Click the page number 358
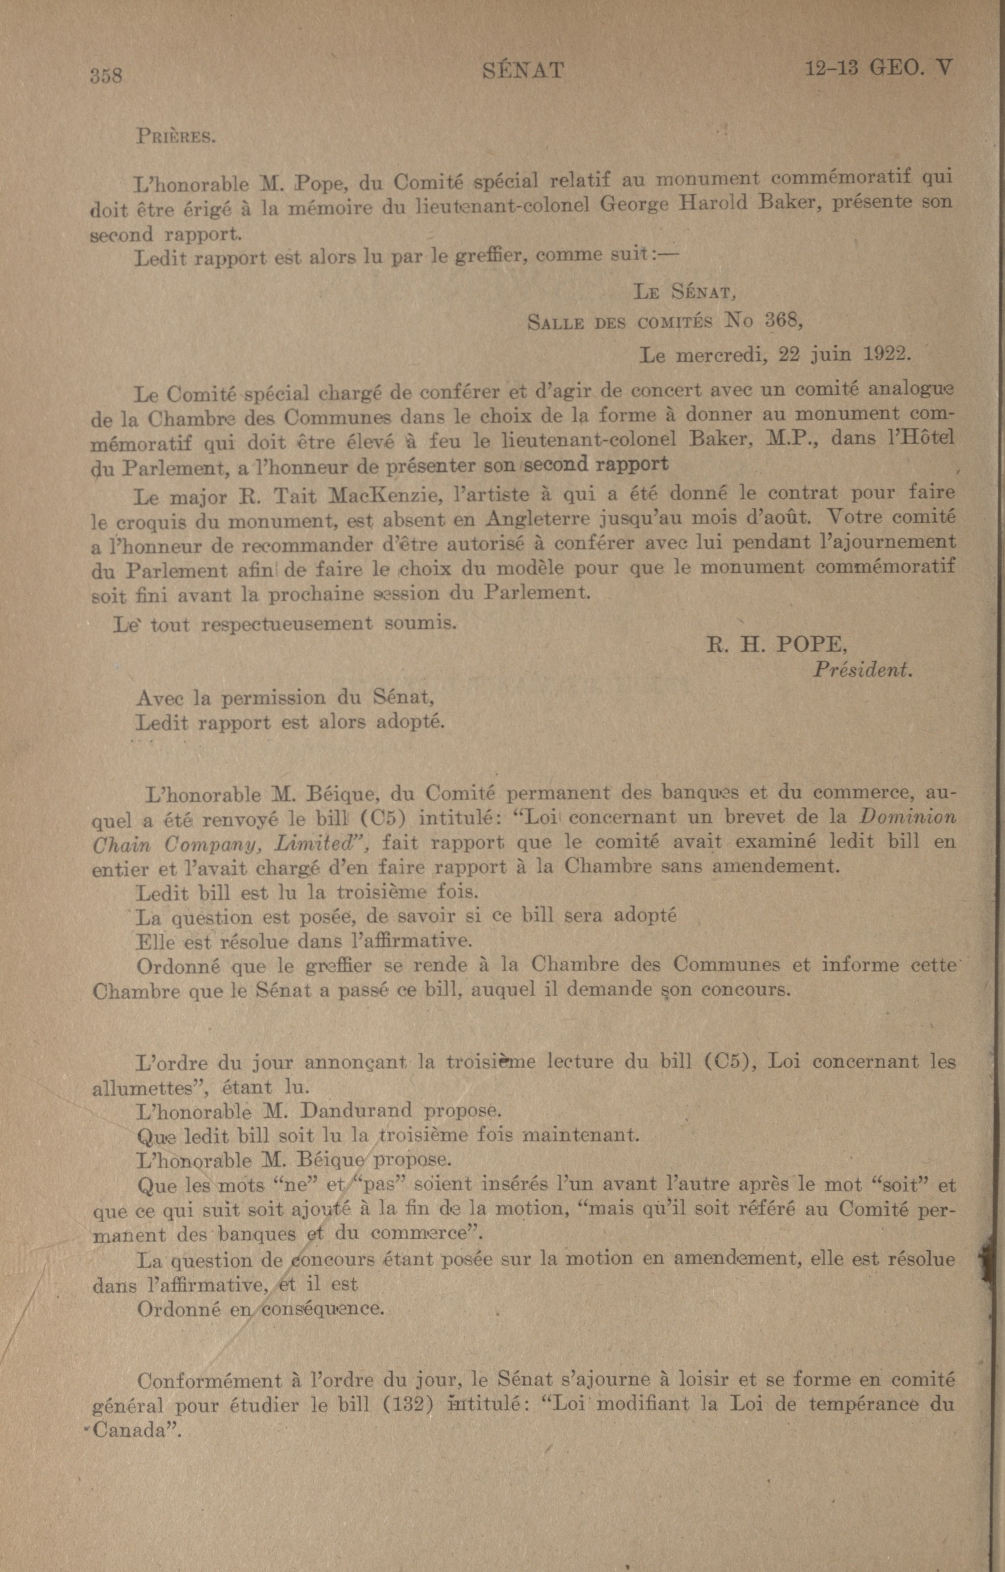click(x=106, y=75)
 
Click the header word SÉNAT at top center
click(x=523, y=70)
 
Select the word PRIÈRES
click(x=175, y=137)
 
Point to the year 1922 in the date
click(x=886, y=354)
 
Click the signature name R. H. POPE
click(x=776, y=645)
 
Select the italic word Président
click(x=862, y=670)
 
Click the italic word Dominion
click(x=907, y=816)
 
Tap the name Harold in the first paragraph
click(x=714, y=203)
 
